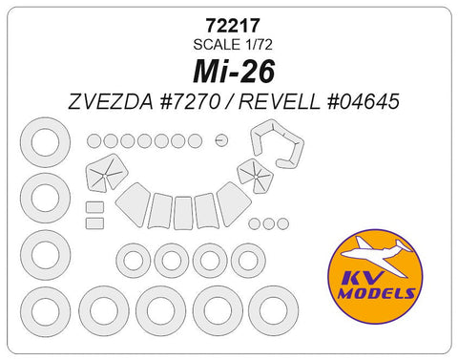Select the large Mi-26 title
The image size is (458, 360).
coord(228,70)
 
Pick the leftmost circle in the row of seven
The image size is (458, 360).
coord(94,140)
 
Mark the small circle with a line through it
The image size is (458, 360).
coord(221,140)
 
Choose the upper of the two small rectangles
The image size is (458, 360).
coord(94,207)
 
